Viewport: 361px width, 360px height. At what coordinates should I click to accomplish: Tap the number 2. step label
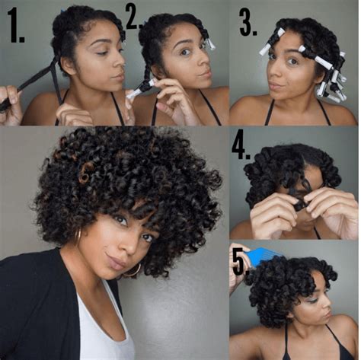point(134,16)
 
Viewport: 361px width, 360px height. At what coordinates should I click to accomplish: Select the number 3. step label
point(248,23)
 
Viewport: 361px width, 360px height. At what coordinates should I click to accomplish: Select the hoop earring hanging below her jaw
point(134,269)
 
